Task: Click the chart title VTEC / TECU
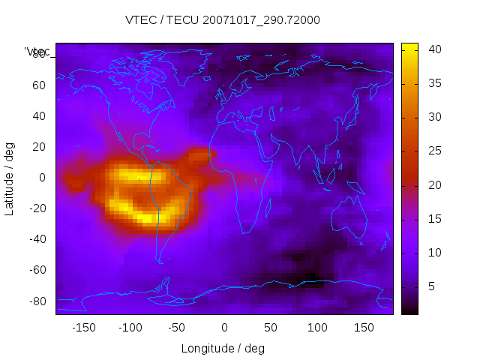(223, 20)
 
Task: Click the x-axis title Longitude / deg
(223, 349)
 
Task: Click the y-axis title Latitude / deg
(10, 178)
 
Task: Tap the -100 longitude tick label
(130, 328)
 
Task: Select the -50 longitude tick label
(177, 328)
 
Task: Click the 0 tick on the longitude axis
(224, 328)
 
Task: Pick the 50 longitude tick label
(271, 328)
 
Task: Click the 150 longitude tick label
(364, 328)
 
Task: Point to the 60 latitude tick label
(39, 85)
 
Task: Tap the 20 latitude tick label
(39, 147)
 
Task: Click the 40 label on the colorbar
(434, 49)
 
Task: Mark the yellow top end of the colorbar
(409, 47)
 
